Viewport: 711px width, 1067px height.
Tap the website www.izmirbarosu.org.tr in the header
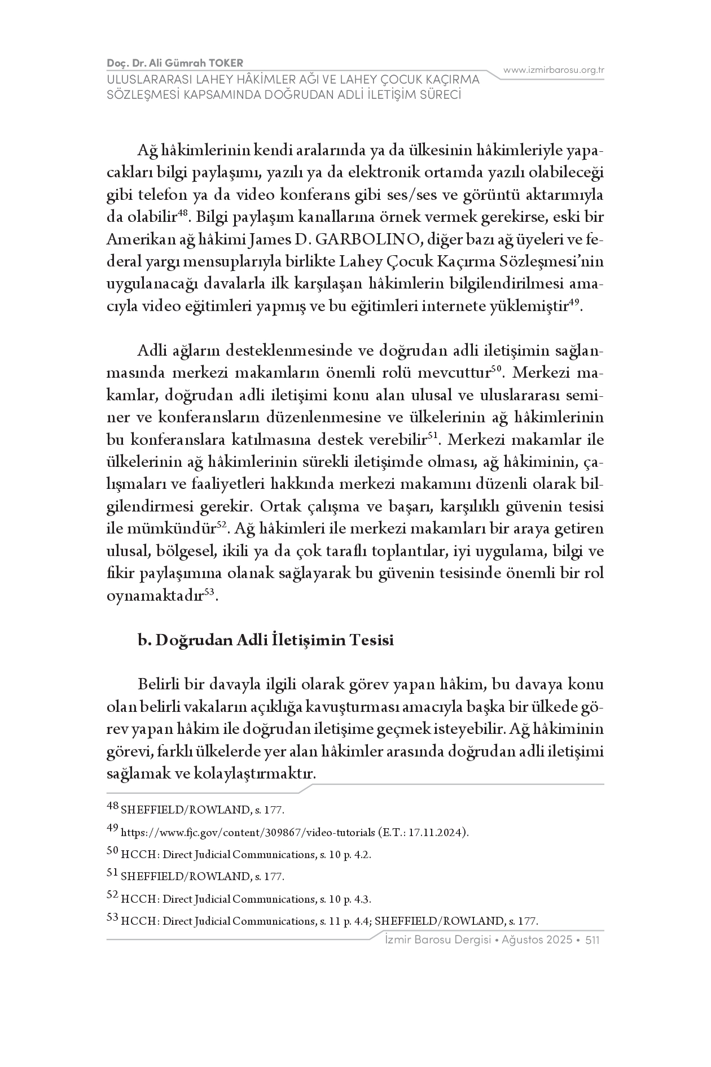tap(554, 70)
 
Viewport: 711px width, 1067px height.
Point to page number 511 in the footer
tap(592, 940)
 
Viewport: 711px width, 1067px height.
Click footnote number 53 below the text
tap(112, 919)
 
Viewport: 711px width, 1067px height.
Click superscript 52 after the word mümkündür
tap(222, 525)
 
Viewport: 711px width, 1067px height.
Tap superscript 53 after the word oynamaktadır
tap(209, 592)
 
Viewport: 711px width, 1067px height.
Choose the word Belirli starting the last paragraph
tap(159, 685)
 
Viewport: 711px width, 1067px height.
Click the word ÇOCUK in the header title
tap(403, 80)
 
